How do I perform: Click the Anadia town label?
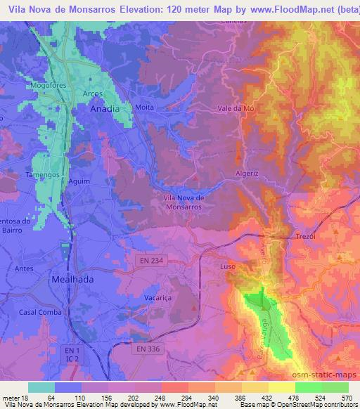point(105,110)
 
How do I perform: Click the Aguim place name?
point(79,181)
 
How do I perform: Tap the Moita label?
point(144,108)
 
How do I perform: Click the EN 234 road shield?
point(146,261)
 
